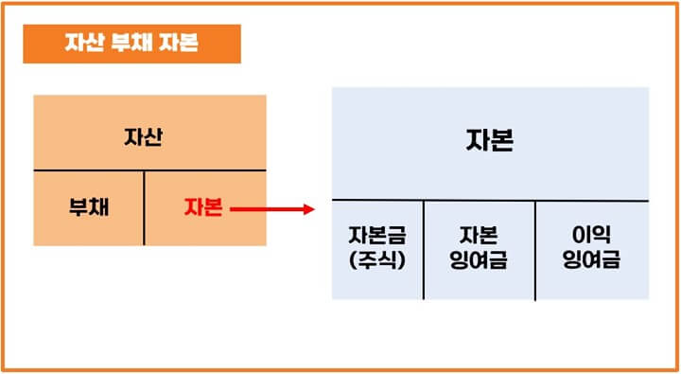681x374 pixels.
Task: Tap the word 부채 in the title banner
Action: (x=132, y=44)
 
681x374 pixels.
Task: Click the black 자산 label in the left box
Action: (x=144, y=135)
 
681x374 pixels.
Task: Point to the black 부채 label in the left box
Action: (x=89, y=208)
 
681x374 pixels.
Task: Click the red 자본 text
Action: (x=203, y=208)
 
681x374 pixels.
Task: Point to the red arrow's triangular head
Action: (x=307, y=208)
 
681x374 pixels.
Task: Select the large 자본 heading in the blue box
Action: (x=490, y=141)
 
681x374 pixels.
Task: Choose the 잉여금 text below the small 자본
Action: (x=479, y=259)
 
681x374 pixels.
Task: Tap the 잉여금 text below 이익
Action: (x=591, y=259)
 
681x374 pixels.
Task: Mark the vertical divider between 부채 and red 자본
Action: (x=145, y=208)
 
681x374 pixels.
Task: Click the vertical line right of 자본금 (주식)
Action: (x=424, y=250)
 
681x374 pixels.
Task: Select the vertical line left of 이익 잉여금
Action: (x=535, y=250)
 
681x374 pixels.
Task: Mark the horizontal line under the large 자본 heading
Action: (x=490, y=201)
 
